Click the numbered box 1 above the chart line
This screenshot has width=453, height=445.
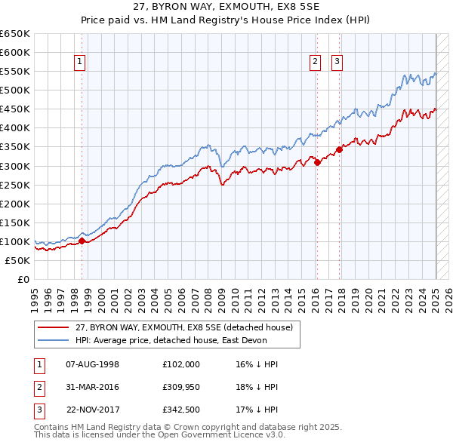(79, 63)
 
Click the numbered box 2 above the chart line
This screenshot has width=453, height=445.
(315, 63)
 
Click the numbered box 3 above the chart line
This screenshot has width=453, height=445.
(337, 63)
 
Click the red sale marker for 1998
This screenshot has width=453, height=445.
(82, 241)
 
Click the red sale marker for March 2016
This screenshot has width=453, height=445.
(317, 161)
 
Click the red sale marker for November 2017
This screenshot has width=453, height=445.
(340, 149)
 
